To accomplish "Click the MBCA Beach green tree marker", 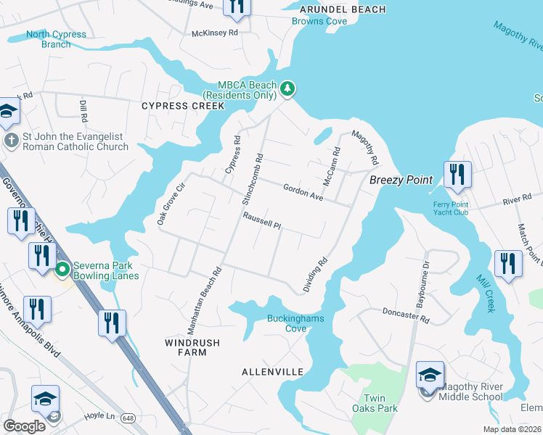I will click(x=288, y=89).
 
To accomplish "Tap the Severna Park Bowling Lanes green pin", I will click(x=62, y=270).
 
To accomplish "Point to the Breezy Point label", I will click(x=401, y=180).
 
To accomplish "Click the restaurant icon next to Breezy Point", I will click(x=457, y=175).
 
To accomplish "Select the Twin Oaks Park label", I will click(x=383, y=404).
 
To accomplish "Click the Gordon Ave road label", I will click(x=303, y=191).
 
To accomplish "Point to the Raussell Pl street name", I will click(x=262, y=220).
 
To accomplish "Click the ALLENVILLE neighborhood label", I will click(x=272, y=372).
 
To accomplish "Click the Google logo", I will click(x=24, y=426).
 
